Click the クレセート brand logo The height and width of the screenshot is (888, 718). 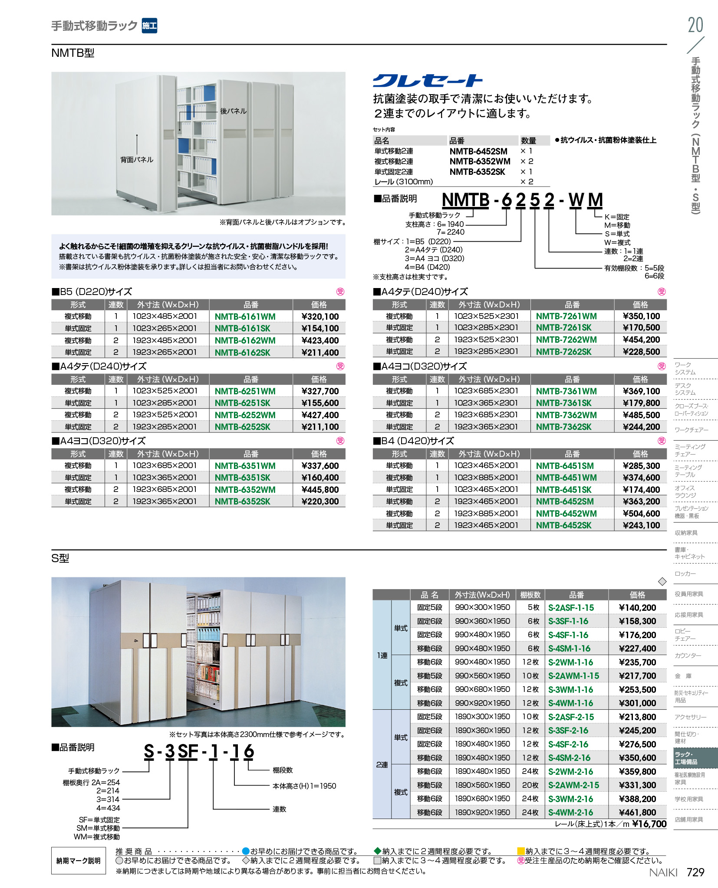428,81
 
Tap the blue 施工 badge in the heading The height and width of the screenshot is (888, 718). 149,26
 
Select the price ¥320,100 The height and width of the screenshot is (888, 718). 320,317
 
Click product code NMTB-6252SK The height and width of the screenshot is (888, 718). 242,427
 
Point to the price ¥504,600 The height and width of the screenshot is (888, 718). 641,514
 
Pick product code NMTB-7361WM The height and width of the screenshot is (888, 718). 566,391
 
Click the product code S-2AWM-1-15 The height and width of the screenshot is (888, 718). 573,676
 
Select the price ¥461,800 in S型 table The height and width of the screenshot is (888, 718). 637,813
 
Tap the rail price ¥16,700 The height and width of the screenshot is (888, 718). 649,824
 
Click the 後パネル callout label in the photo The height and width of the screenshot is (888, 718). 233,111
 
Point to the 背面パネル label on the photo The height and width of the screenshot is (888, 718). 137,160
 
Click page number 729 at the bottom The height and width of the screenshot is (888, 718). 695,872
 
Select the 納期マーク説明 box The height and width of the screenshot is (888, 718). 79,861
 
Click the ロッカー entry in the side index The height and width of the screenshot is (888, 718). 685,573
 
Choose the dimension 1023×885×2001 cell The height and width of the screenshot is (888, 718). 486,478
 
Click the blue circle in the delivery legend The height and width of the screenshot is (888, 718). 246,851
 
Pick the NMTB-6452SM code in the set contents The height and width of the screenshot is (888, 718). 478,151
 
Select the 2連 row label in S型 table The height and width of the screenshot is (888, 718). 382,765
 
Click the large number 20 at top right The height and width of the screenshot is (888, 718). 695,25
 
